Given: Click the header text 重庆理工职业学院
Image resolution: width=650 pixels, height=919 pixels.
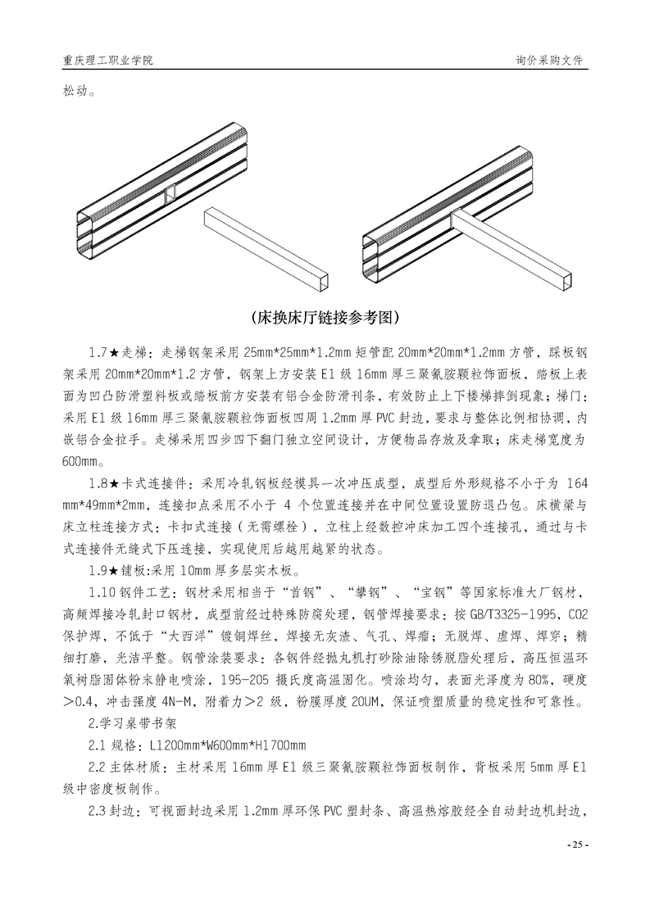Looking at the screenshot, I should [107, 61].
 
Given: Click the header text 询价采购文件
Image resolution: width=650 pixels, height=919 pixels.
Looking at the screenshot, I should [551, 61].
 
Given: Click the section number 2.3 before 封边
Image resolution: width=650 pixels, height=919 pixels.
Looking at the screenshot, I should [98, 812].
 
